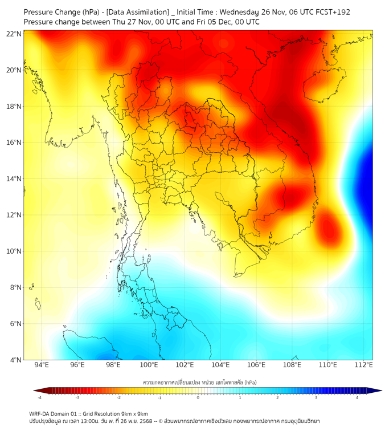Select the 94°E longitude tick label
click(42, 365)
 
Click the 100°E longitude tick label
click(149, 365)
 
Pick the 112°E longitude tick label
click(364, 365)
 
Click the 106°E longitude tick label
click(257, 365)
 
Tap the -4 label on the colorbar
click(39, 397)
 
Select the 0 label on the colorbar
click(199, 397)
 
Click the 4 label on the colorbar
click(357, 397)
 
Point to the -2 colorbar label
click(119, 397)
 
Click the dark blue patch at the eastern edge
click(368, 171)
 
